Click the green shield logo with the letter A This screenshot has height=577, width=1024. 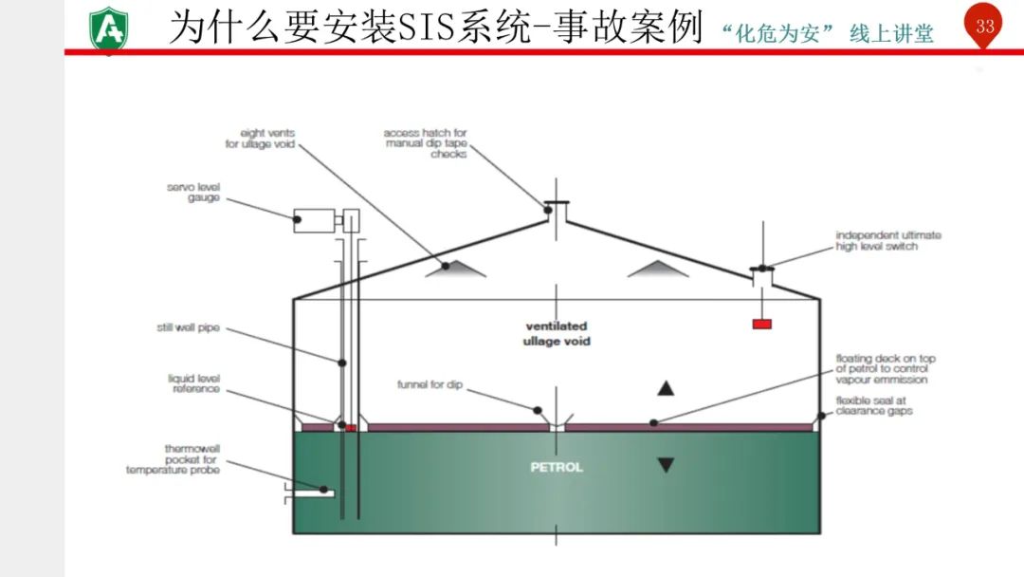click(x=110, y=28)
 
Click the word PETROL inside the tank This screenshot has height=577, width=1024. click(x=557, y=467)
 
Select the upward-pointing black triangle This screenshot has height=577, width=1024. click(x=666, y=387)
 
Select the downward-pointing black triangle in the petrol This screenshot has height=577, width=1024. click(x=666, y=465)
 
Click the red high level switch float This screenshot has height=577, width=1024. click(x=761, y=324)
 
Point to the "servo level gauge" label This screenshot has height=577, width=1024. click(x=193, y=193)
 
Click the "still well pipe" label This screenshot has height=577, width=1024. click(x=188, y=328)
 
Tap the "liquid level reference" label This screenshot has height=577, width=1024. click(x=193, y=383)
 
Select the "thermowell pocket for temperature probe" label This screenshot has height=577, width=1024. click(x=173, y=458)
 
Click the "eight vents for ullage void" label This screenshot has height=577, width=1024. click(x=261, y=139)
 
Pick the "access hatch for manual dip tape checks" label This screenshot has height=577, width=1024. click(x=426, y=143)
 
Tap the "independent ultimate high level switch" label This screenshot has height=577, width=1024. click(x=888, y=241)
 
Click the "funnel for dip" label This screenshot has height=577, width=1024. click(x=430, y=385)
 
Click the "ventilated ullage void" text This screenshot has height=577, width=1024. click(x=556, y=333)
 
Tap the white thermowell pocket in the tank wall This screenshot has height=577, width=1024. click(x=313, y=492)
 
